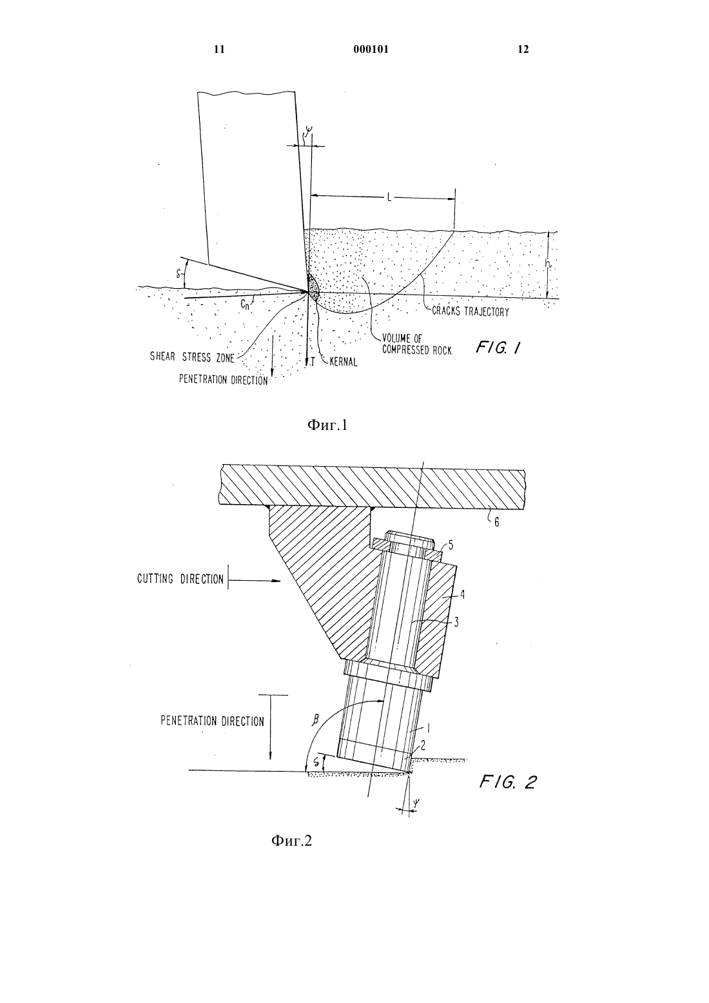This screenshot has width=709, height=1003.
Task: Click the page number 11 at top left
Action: [219, 50]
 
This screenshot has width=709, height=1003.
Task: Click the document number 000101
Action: [371, 50]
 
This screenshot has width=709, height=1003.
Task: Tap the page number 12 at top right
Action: [523, 50]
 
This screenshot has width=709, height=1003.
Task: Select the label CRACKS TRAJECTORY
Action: [471, 311]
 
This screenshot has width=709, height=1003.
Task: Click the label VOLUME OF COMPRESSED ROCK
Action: [417, 344]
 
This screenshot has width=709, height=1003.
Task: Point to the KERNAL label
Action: [344, 362]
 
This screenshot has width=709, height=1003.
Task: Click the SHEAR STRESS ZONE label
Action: [192, 357]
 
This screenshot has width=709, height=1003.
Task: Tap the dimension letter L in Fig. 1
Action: [389, 197]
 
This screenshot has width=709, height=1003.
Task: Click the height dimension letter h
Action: [549, 264]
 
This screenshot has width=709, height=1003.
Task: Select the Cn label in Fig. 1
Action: [244, 305]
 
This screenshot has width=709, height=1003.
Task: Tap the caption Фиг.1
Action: [327, 425]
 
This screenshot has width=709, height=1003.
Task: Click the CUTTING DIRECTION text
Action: [180, 579]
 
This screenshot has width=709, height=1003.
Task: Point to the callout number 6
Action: [497, 522]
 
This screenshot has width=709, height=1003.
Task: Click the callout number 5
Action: [451, 545]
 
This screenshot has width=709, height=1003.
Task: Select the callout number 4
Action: [462, 594]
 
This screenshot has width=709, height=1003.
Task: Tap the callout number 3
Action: [456, 622]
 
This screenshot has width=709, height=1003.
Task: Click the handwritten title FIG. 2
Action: [508, 783]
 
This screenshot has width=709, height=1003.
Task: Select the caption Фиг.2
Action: [291, 841]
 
